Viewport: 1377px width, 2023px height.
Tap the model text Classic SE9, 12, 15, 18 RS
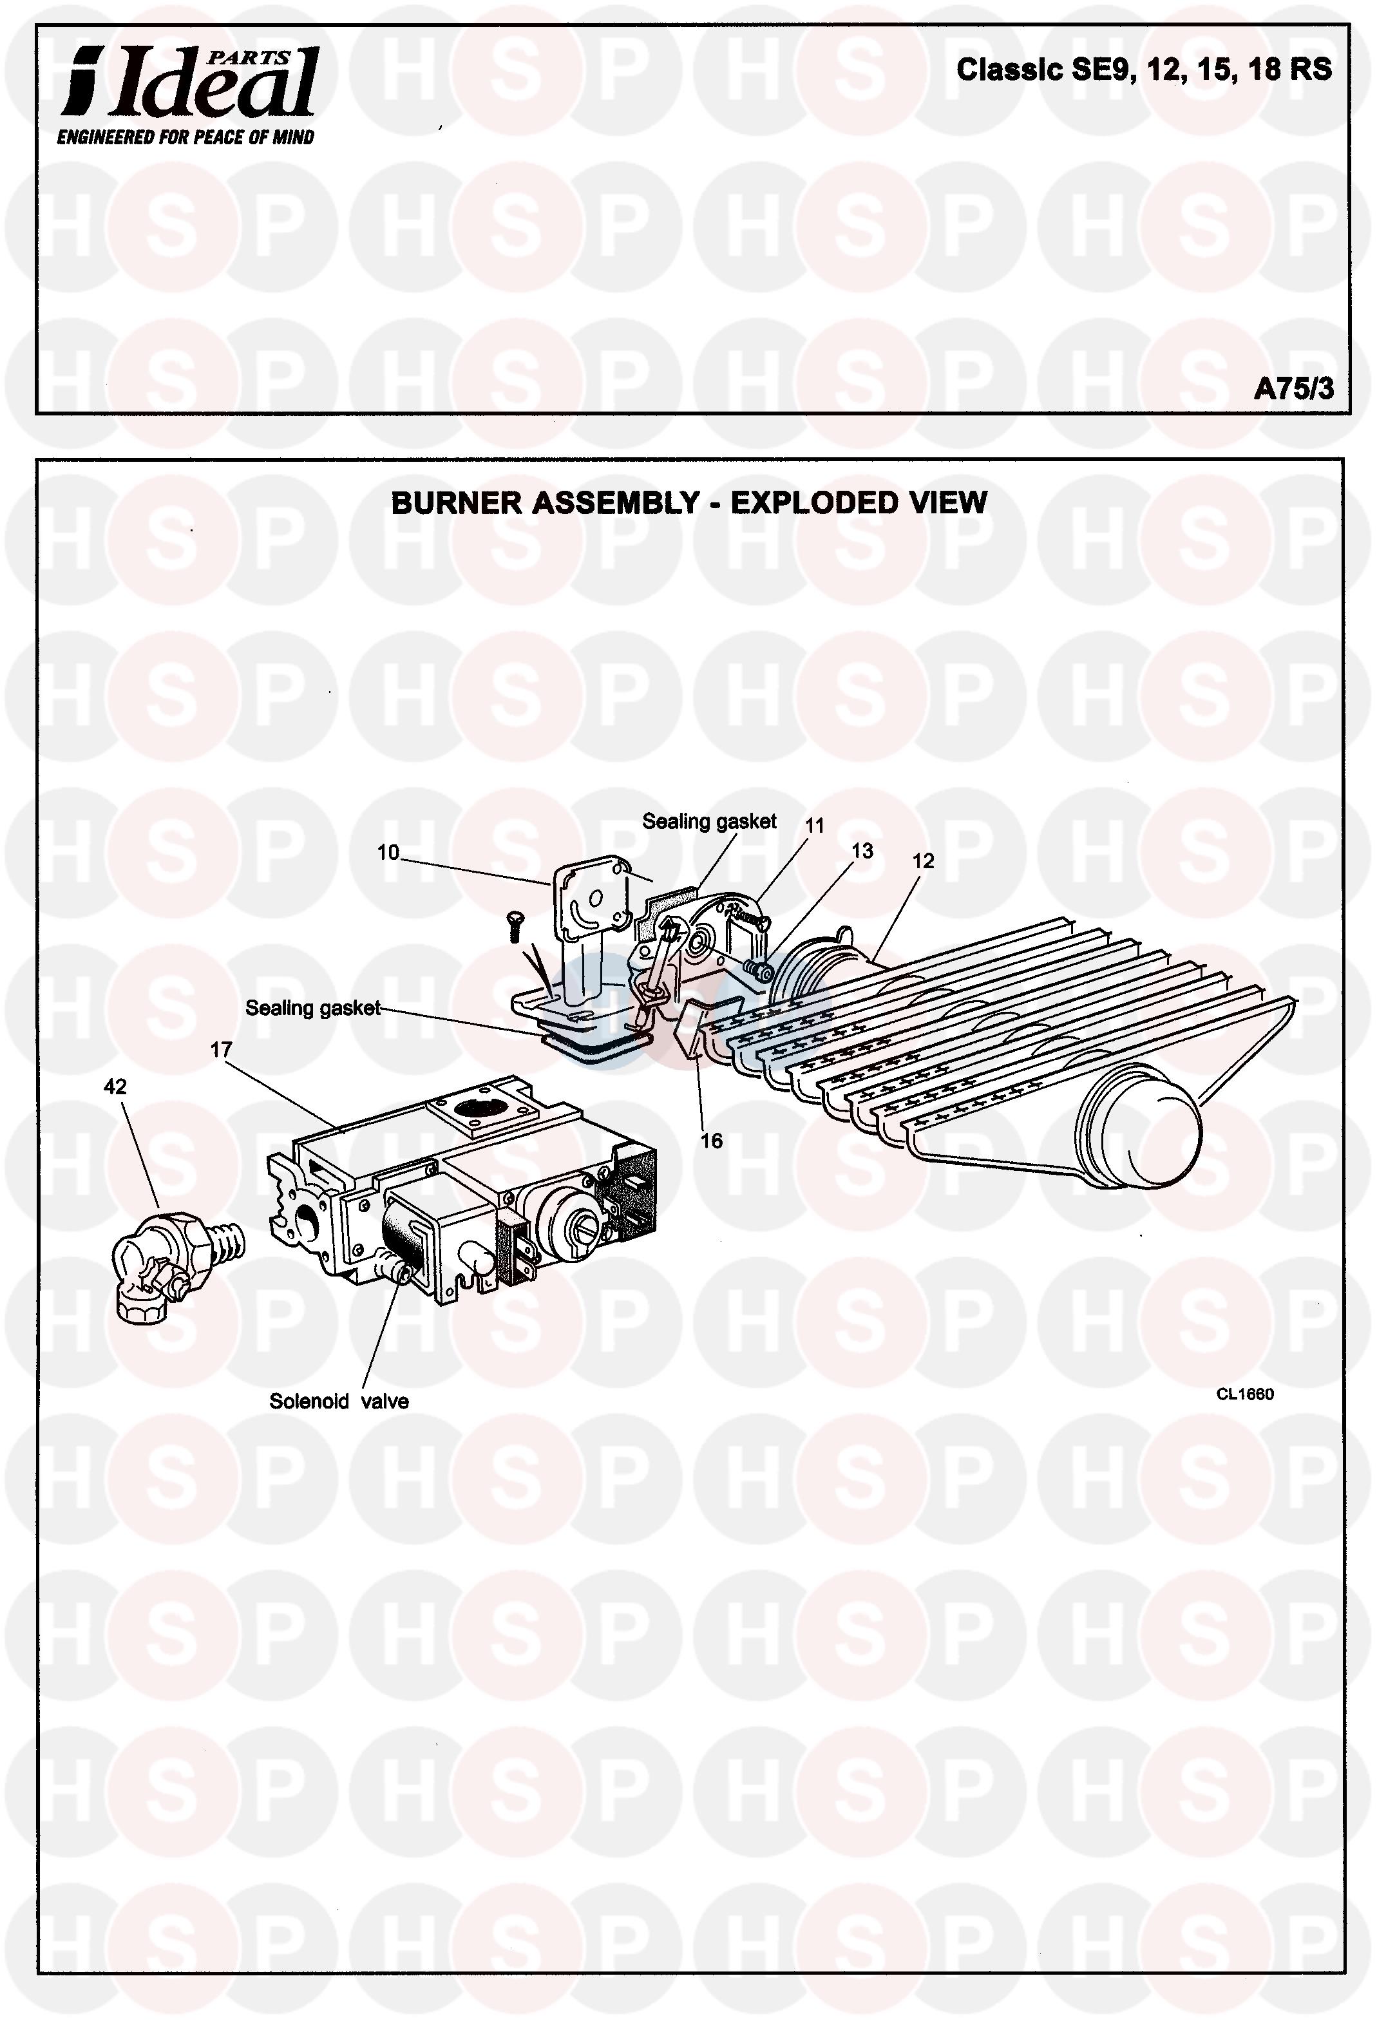pyautogui.click(x=1144, y=70)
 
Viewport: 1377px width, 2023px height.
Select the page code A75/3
pyautogui.click(x=1293, y=388)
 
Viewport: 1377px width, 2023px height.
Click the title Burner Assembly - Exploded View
pyautogui.click(x=688, y=503)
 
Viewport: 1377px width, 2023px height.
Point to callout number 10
pyautogui.click(x=387, y=852)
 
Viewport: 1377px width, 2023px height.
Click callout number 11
pyautogui.click(x=815, y=824)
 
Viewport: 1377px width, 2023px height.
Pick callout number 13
pyautogui.click(x=862, y=850)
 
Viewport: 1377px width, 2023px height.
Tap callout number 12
pyautogui.click(x=923, y=861)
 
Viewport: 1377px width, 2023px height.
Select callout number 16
pyautogui.click(x=711, y=1141)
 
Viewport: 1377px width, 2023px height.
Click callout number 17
pyautogui.click(x=221, y=1050)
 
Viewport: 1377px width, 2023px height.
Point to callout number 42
pyautogui.click(x=115, y=1087)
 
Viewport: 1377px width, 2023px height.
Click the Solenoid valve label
pyautogui.click(x=339, y=1401)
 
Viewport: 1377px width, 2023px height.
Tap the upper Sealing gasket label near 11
pyautogui.click(x=708, y=821)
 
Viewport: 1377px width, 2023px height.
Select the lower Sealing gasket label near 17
pyautogui.click(x=312, y=1008)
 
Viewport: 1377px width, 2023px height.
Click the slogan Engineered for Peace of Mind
pyautogui.click(x=185, y=137)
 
